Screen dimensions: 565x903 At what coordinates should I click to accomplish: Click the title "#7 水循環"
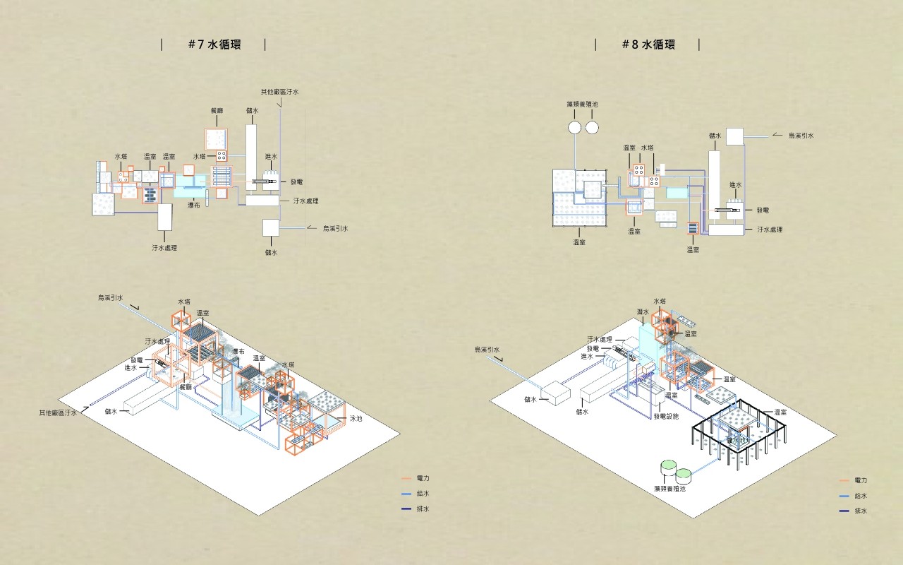[214, 44]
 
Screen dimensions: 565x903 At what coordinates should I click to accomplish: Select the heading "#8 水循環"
[648, 44]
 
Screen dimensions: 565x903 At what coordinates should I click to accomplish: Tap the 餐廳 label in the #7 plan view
[217, 111]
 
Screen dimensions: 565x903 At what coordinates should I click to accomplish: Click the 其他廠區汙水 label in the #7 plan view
[280, 92]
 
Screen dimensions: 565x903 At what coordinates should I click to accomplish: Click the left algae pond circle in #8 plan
[574, 127]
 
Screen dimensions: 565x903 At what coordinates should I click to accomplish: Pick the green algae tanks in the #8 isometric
[674, 469]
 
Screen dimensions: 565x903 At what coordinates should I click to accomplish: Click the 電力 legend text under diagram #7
[423, 479]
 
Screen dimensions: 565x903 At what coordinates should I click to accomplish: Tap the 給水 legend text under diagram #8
[860, 496]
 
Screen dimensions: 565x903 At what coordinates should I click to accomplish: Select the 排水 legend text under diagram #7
[423, 509]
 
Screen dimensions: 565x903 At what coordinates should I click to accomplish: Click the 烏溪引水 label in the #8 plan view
[801, 135]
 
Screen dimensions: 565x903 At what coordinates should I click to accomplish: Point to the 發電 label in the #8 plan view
[763, 210]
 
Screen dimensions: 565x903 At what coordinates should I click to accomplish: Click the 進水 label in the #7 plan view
[271, 157]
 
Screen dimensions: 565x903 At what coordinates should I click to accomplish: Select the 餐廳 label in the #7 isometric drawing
[186, 387]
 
